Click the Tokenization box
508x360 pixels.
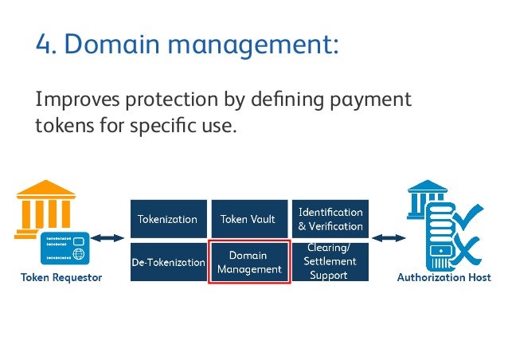tap(167, 219)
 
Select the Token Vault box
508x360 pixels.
tap(248, 219)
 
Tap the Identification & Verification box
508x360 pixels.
tap(330, 219)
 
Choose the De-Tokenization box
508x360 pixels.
tap(167, 262)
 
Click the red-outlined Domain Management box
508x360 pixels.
tap(248, 262)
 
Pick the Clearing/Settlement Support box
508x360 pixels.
tap(330, 262)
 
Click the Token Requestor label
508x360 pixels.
tap(61, 278)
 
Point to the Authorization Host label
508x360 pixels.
tap(444, 278)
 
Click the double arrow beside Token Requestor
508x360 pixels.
tap(107, 237)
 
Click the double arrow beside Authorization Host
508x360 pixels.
tap(389, 237)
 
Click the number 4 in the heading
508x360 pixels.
tap(43, 45)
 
